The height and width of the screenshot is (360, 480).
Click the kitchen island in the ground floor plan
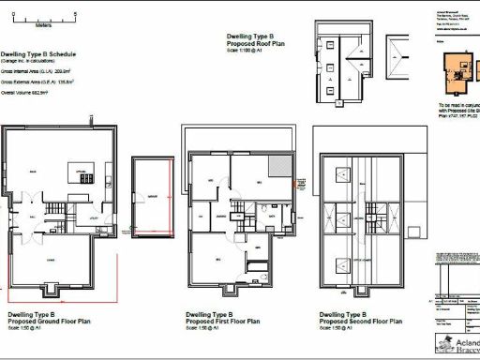[82, 173]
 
